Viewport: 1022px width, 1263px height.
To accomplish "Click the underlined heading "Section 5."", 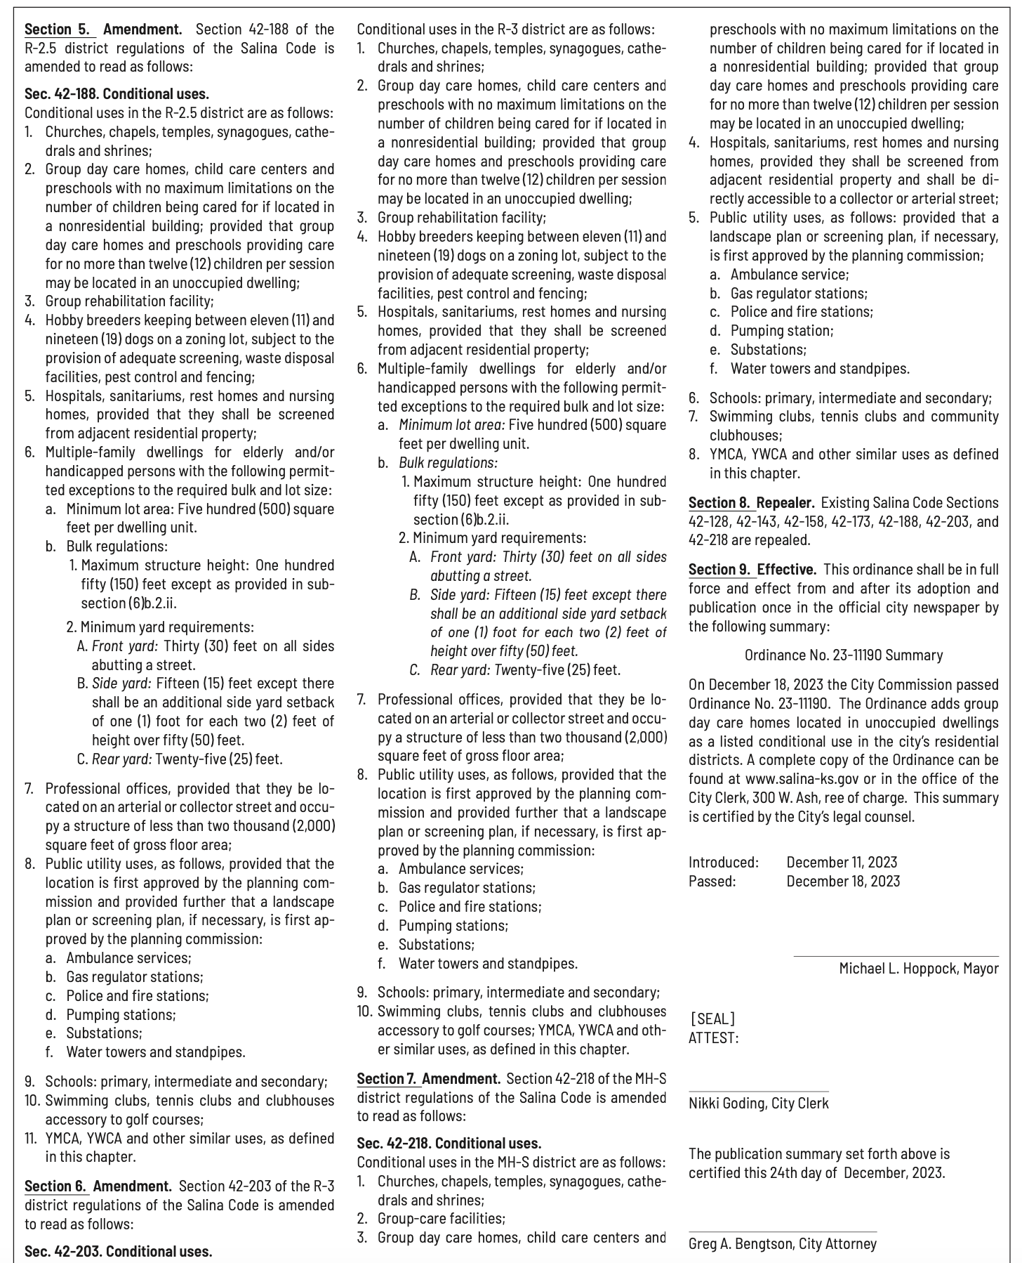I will pos(58,30).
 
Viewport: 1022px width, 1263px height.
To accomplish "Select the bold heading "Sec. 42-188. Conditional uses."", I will pos(117,94).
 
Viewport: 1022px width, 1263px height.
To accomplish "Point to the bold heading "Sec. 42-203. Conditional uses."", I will pos(118,1251).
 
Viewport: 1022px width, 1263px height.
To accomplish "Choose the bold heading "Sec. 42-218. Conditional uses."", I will pos(449,1143).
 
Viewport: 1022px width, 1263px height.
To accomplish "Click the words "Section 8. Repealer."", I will pos(751,503).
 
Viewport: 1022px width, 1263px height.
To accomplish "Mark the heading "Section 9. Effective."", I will pos(752,569).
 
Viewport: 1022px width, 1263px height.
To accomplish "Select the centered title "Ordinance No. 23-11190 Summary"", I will pos(843,655).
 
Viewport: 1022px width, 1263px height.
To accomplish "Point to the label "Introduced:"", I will pos(723,862).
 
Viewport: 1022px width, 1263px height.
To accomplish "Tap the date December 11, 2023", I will pos(842,862).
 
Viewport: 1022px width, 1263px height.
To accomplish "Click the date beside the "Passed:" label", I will pos(842,881).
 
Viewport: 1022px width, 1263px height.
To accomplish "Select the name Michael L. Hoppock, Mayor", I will pos(918,969).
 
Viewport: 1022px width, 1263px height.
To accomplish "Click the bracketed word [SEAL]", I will pos(712,1019).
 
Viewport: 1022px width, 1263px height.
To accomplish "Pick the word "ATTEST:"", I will pos(713,1038).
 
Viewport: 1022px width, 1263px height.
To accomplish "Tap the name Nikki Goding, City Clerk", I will pos(758,1103).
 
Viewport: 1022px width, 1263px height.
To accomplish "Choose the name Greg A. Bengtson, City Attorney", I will pos(782,1244).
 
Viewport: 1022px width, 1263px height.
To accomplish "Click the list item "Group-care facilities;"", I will pos(441,1218).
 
